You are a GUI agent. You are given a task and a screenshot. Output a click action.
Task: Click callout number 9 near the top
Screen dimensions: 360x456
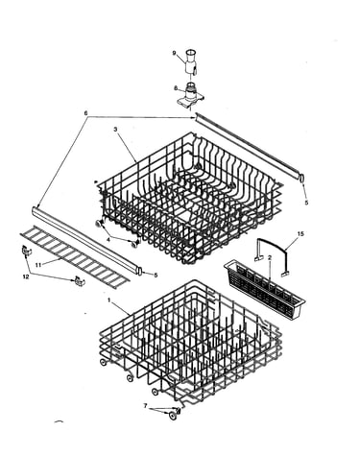(x=175, y=53)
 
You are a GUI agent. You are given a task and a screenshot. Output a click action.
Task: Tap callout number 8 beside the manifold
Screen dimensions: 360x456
(x=176, y=88)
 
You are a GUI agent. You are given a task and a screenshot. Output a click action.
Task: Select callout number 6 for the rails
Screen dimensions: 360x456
(x=85, y=113)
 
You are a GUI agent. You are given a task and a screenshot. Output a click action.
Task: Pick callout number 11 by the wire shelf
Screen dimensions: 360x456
(x=38, y=265)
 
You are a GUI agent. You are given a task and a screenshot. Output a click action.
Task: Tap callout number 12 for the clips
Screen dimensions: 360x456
(x=26, y=276)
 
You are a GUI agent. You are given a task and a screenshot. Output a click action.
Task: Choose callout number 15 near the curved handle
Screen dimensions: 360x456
(x=300, y=234)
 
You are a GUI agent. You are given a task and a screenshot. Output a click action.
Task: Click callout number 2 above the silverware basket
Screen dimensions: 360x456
(x=270, y=257)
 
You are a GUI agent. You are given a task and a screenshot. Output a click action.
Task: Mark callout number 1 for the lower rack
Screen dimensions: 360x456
(x=108, y=300)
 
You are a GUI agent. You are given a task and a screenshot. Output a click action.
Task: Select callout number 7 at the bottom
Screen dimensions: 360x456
(x=146, y=406)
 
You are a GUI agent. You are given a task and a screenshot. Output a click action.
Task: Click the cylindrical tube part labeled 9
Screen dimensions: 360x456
(x=190, y=62)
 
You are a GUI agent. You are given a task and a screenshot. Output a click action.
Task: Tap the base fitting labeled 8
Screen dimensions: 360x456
(x=191, y=95)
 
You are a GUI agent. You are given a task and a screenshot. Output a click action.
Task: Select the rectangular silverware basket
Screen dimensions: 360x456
(x=264, y=289)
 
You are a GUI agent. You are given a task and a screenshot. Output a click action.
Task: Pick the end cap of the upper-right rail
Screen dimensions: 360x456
(x=302, y=178)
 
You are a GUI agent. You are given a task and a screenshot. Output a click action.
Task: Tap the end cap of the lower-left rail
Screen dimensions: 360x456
(x=140, y=271)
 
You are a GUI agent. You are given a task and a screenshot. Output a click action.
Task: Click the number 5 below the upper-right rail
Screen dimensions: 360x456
(x=306, y=203)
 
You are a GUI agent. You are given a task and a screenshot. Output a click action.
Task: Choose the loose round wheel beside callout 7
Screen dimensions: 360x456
(x=173, y=416)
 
